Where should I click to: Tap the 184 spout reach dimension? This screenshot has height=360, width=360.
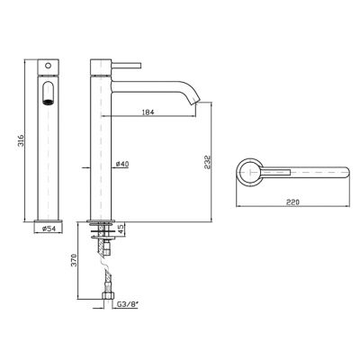148,112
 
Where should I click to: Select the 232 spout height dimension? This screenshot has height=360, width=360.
208,162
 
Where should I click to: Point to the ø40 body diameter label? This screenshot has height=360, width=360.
122,164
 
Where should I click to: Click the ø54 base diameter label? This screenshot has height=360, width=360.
49,229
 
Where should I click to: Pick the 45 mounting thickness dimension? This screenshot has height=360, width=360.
120,229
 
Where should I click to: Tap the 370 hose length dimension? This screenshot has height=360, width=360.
76,260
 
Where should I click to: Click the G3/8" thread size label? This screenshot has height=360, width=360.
128,305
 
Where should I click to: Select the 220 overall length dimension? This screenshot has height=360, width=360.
292,202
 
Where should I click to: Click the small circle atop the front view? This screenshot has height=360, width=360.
48,65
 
